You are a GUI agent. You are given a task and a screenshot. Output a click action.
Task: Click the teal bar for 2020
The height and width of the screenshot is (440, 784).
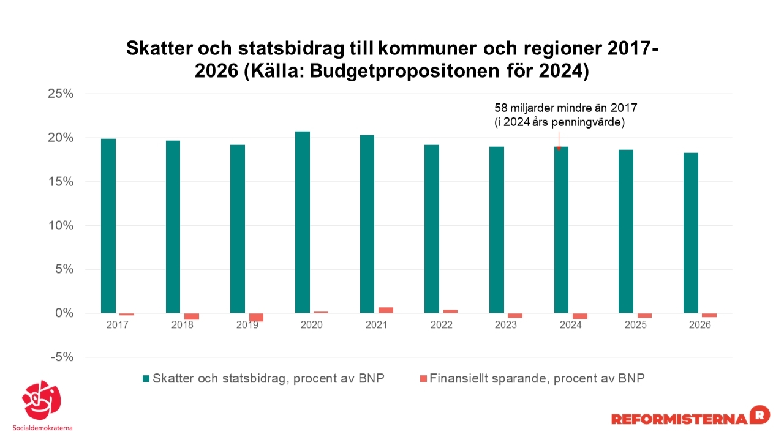303,222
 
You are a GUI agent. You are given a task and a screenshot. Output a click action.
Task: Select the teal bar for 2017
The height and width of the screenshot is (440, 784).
108,226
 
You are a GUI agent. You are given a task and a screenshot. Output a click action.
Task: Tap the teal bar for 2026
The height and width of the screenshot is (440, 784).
691,233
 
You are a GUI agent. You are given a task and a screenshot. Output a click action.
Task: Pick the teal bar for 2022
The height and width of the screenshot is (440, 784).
432,229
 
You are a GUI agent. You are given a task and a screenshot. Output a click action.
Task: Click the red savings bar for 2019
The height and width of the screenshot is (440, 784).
256,317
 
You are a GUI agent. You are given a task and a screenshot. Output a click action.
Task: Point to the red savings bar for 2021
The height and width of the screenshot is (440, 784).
386,310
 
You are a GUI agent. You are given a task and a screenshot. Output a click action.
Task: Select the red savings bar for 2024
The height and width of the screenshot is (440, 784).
580,316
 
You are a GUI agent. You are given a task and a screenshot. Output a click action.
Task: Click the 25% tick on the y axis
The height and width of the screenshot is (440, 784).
61,94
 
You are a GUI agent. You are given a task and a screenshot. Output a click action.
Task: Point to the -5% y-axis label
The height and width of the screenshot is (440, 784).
61,357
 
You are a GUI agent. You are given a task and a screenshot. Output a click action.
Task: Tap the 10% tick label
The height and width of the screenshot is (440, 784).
61,226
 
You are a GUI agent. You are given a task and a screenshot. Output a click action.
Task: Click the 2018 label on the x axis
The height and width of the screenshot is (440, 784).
182,325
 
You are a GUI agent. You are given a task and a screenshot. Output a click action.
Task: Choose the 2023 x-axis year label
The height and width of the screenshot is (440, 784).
506,325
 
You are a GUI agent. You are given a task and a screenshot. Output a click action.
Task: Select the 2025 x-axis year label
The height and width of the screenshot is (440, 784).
635,325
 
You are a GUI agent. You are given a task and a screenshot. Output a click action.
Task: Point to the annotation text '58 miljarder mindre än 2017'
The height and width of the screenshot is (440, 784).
566,108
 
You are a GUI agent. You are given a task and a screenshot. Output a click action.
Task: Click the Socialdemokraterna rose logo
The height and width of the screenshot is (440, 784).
42,401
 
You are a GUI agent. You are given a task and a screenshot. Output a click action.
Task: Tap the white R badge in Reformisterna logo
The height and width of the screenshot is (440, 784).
759,414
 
